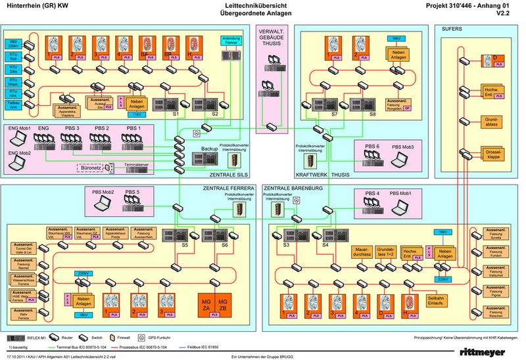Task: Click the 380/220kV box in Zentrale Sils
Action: (x=13, y=43)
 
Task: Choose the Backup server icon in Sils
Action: (x=210, y=158)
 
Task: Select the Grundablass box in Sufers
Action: (x=492, y=121)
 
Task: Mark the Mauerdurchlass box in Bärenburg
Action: (x=363, y=252)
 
